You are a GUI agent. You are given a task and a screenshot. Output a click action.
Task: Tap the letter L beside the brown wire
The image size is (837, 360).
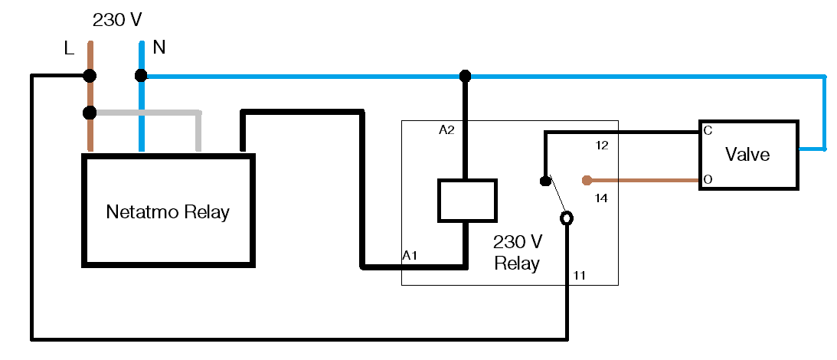pyautogui.click(x=69, y=49)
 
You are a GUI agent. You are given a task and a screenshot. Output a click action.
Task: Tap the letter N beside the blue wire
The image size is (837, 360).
pyautogui.click(x=159, y=47)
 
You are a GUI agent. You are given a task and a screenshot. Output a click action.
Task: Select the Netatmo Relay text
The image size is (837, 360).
pyautogui.click(x=168, y=211)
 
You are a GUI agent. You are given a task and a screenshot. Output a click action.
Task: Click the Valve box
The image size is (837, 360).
pyautogui.click(x=747, y=155)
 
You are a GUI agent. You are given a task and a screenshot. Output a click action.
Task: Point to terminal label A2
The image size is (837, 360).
pyautogui.click(x=446, y=130)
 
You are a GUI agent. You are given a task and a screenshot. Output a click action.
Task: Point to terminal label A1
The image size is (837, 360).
pyautogui.click(x=410, y=255)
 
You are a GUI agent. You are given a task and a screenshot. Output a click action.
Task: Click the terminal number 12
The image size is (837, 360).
pyautogui.click(x=601, y=145)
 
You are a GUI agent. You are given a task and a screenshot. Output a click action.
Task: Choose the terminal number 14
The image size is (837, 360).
pyautogui.click(x=601, y=198)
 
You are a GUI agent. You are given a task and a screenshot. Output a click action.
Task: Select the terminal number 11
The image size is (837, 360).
pyautogui.click(x=580, y=274)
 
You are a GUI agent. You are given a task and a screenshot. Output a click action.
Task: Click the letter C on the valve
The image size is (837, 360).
pyautogui.click(x=708, y=131)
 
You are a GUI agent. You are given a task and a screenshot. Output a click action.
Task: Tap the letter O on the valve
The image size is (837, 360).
pyautogui.click(x=708, y=180)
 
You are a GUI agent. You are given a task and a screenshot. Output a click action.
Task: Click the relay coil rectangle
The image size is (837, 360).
pyautogui.click(x=466, y=201)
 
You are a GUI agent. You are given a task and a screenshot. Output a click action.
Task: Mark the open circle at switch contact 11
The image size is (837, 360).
pyautogui.click(x=567, y=219)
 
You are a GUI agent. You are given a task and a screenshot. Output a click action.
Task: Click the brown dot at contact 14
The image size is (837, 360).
pyautogui.click(x=587, y=181)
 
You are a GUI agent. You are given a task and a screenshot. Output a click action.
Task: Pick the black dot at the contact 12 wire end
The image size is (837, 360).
pyautogui.click(x=544, y=182)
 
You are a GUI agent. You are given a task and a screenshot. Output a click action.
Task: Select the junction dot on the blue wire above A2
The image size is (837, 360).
pyautogui.click(x=464, y=76)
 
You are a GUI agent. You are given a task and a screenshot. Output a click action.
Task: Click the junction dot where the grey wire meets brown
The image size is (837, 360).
pyautogui.click(x=90, y=113)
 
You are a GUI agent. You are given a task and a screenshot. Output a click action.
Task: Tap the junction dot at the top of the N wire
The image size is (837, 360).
pyautogui.click(x=141, y=76)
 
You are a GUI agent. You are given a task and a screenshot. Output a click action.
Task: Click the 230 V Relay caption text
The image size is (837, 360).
pyautogui.click(x=517, y=254)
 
